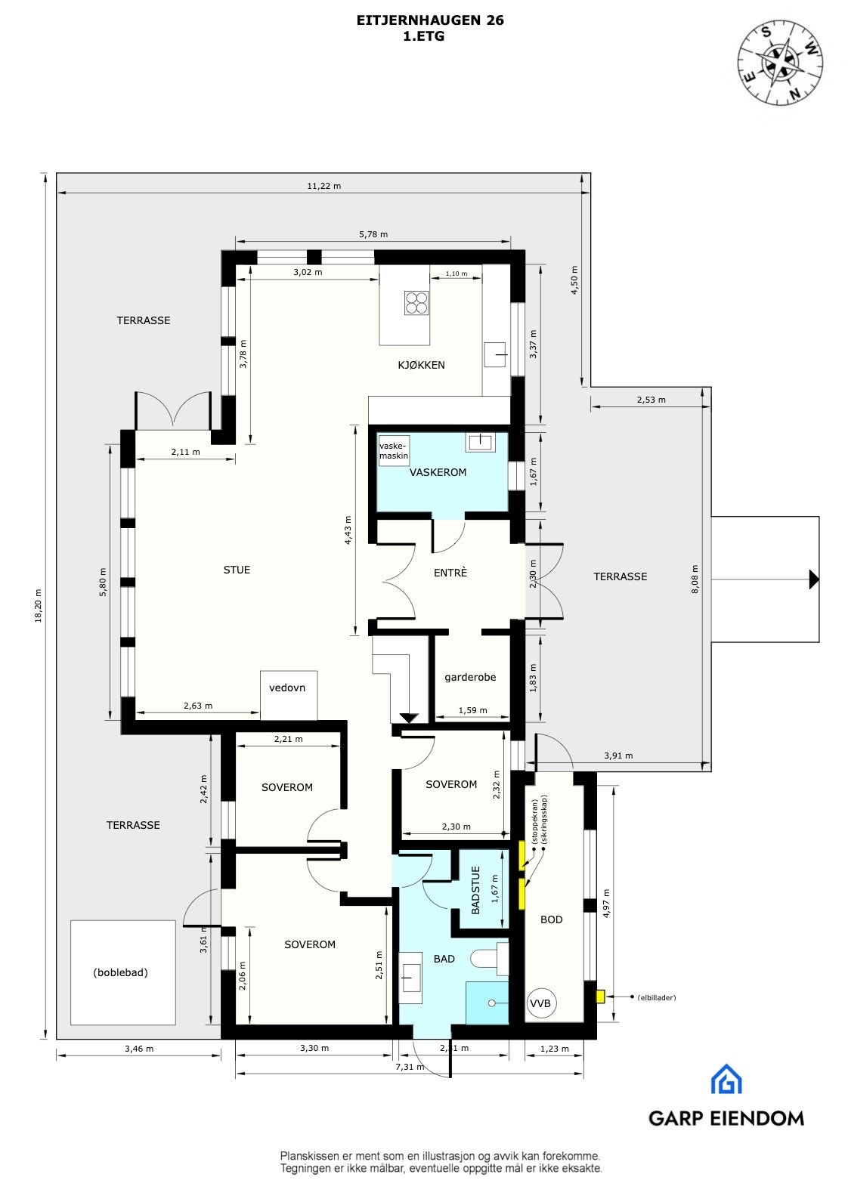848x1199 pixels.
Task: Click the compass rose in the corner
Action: [x=781, y=62]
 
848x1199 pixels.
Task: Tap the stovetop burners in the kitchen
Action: [x=416, y=302]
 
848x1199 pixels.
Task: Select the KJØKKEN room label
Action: [x=421, y=365]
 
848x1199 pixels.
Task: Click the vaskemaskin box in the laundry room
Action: [x=394, y=451]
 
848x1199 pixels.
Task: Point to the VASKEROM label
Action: [x=438, y=472]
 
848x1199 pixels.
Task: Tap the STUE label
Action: [x=237, y=570]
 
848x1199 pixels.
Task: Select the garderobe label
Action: [x=470, y=677]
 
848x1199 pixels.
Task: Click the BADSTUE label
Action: [x=475, y=891]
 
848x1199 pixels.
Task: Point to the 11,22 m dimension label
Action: [x=323, y=186]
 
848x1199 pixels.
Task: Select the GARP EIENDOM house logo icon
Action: [x=726, y=1079]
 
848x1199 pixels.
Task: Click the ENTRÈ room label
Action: [x=450, y=573]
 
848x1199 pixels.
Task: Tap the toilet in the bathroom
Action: [x=487, y=959]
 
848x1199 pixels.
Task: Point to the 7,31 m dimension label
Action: [x=410, y=1067]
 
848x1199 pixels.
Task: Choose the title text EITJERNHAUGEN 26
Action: [x=430, y=20]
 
